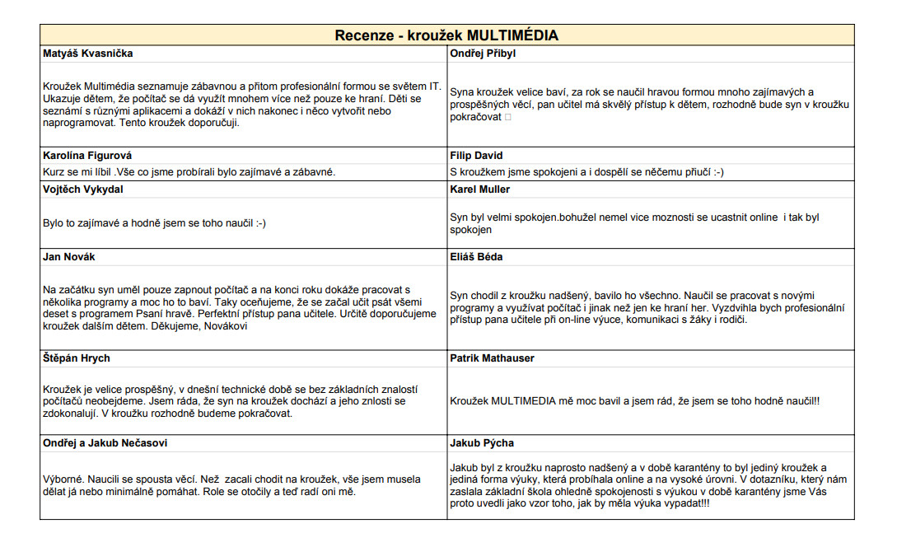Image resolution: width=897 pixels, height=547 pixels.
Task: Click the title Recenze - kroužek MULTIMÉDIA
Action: pyautogui.click(x=446, y=35)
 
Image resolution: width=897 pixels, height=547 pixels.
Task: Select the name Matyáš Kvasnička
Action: pyautogui.click(x=87, y=54)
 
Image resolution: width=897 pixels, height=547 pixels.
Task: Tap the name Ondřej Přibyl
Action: pyautogui.click(x=483, y=54)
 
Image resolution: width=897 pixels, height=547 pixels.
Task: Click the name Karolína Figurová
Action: pyautogui.click(x=87, y=156)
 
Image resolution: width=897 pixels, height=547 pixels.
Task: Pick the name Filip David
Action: pyautogui.click(x=476, y=156)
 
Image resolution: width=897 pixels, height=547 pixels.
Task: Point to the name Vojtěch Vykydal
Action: pyautogui.click(x=85, y=189)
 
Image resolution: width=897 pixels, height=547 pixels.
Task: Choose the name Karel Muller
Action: pyautogui.click(x=480, y=189)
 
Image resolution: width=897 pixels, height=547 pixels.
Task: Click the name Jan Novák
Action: pyautogui.click(x=69, y=257)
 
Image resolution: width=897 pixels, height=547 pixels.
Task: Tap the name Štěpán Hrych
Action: pyautogui.click(x=76, y=358)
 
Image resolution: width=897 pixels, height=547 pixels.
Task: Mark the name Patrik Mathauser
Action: pyautogui.click(x=492, y=358)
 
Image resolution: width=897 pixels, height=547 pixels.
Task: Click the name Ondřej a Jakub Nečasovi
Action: pyautogui.click(x=105, y=443)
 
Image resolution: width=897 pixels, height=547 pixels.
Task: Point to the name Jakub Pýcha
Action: pyautogui.click(x=481, y=443)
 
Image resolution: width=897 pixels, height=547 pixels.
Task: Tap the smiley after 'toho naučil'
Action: pyautogui.click(x=258, y=223)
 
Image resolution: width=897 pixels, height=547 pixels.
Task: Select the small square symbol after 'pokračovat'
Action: pyautogui.click(x=508, y=118)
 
